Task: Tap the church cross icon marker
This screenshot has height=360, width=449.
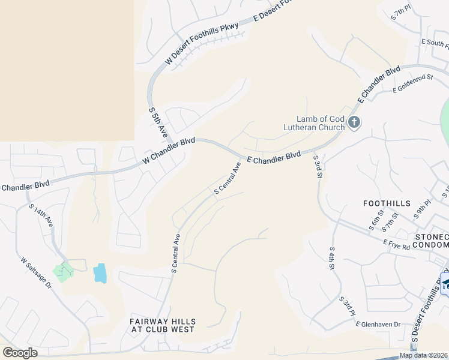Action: tap(354, 123)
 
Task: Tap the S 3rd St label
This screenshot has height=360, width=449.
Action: tap(318, 167)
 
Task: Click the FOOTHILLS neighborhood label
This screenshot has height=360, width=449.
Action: tap(386, 203)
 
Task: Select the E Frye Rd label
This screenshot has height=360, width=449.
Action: tap(396, 244)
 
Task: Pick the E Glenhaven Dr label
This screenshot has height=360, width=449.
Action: tap(378, 325)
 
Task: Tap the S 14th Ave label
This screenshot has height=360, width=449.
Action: tap(41, 215)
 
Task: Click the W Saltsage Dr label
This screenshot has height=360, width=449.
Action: tap(37, 273)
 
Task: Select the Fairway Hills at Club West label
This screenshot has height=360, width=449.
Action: tap(162, 325)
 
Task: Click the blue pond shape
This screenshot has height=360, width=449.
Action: tap(100, 273)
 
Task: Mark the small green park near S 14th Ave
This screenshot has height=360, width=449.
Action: tap(63, 272)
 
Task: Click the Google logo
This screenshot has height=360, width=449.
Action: tap(20, 353)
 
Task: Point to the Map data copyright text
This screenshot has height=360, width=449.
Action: tap(423, 355)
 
